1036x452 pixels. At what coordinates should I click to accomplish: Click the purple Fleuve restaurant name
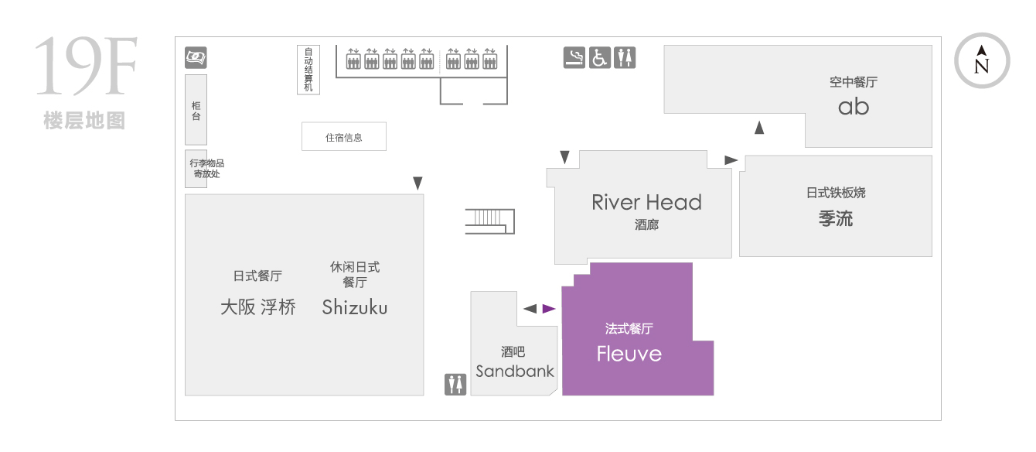point(629,354)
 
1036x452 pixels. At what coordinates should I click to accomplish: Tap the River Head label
point(646,202)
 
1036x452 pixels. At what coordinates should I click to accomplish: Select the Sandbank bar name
point(515,371)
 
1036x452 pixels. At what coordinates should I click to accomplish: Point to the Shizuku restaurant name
point(355,307)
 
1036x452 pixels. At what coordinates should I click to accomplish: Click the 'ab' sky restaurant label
point(854,107)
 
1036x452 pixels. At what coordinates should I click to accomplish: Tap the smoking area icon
point(574,58)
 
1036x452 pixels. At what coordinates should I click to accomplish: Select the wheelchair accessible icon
point(600,58)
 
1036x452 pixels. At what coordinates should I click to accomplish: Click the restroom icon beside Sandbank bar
point(455,385)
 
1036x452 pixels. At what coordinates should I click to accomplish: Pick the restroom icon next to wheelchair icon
point(625,58)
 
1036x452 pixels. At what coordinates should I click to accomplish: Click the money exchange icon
point(196,57)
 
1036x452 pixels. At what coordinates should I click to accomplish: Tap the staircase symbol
point(490,221)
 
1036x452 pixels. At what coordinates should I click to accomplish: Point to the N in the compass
point(981,67)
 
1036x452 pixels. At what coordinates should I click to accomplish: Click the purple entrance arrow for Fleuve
point(548,309)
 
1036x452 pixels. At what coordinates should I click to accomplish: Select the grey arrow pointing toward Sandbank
point(530,309)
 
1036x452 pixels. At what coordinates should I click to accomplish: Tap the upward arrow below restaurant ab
point(759,128)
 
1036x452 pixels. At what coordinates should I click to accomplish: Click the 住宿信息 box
point(343,137)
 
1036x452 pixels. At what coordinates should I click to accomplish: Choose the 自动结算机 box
point(308,70)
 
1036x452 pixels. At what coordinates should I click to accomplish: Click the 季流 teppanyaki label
point(835,218)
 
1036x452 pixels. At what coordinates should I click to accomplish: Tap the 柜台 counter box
point(196,110)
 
